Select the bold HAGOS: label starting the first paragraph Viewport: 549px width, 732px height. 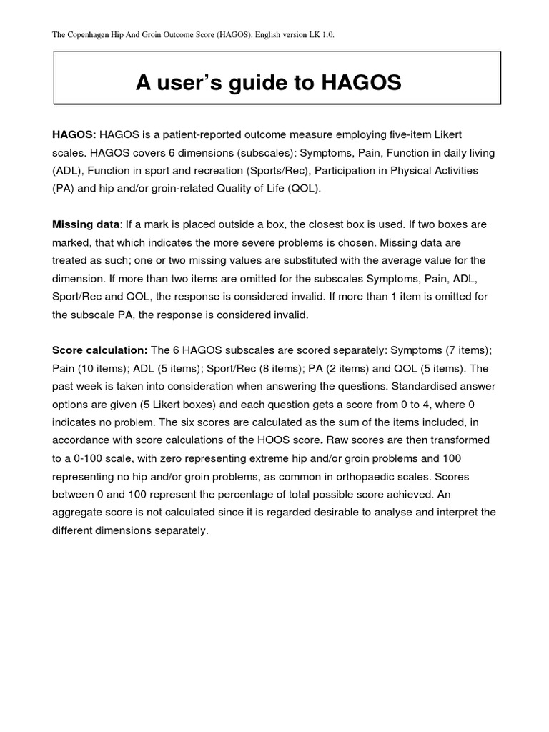point(74,134)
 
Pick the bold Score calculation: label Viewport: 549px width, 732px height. point(99,350)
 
